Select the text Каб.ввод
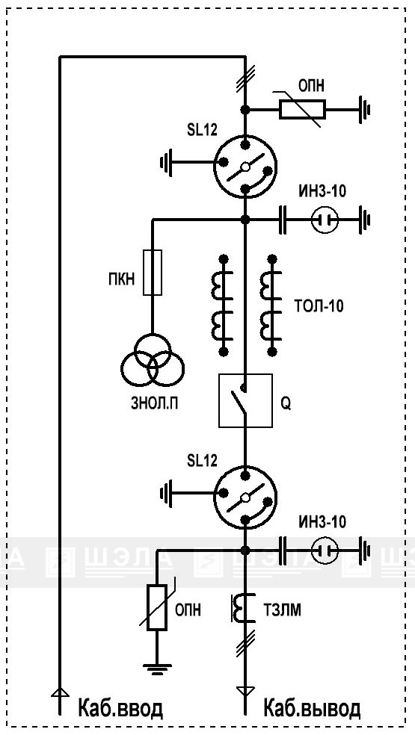(x=120, y=708)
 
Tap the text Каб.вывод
(x=312, y=708)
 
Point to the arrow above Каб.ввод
(x=60, y=693)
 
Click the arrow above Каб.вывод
(x=245, y=692)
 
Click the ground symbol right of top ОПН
(x=364, y=110)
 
